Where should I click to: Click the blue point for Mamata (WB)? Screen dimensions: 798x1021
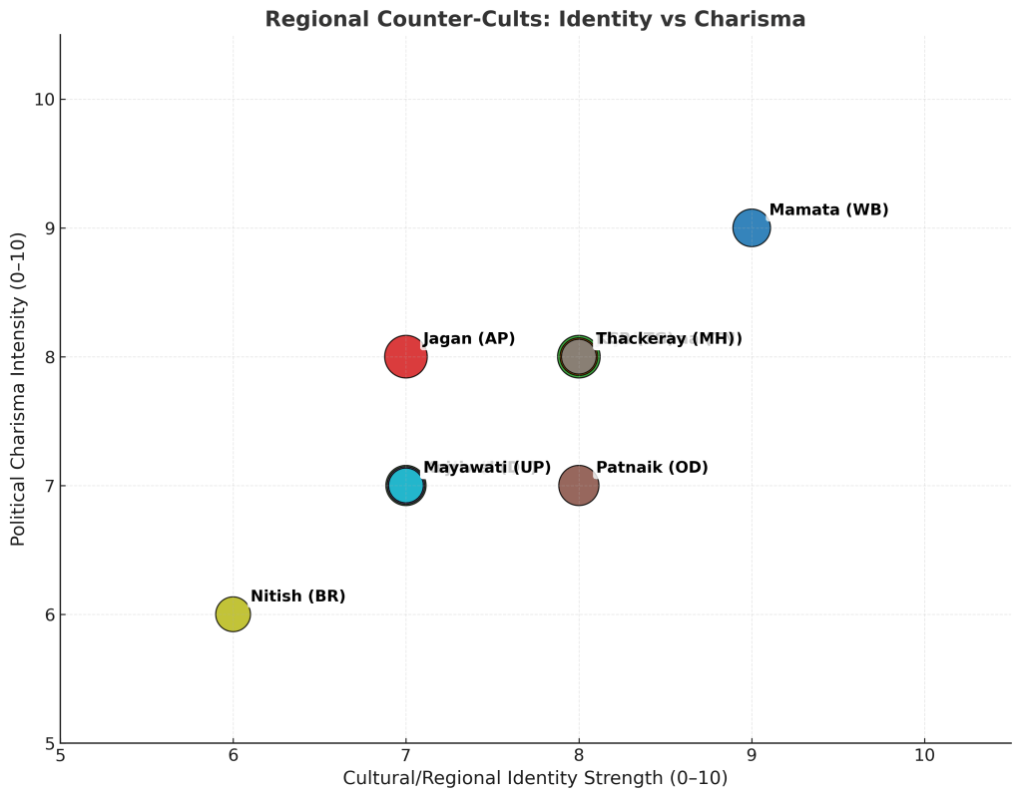point(752,227)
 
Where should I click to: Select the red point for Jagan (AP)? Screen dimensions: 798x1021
point(405,356)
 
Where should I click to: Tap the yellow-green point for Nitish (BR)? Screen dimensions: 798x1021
point(233,614)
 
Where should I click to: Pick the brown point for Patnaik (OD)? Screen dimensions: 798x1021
point(578,486)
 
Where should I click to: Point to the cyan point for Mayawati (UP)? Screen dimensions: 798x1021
point(405,486)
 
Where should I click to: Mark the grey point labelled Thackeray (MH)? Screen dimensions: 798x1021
point(578,356)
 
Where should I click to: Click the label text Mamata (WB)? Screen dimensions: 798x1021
point(828,210)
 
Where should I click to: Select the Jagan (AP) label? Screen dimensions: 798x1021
point(469,339)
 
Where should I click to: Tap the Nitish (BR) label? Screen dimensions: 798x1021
point(297,597)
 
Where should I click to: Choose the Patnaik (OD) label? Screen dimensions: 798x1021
point(652,468)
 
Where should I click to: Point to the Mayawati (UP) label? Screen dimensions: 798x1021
point(487,468)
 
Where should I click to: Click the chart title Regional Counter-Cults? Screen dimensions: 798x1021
point(535,19)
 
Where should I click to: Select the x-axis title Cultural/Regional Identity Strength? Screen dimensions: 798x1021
point(535,778)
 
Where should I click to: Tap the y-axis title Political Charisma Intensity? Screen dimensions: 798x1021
point(18,389)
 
